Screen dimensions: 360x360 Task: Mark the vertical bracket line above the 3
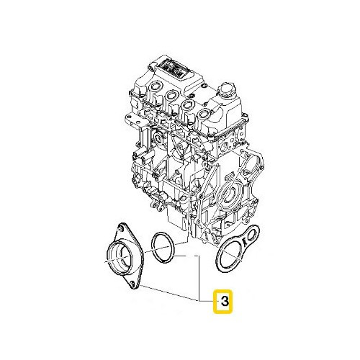point(199,277)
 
